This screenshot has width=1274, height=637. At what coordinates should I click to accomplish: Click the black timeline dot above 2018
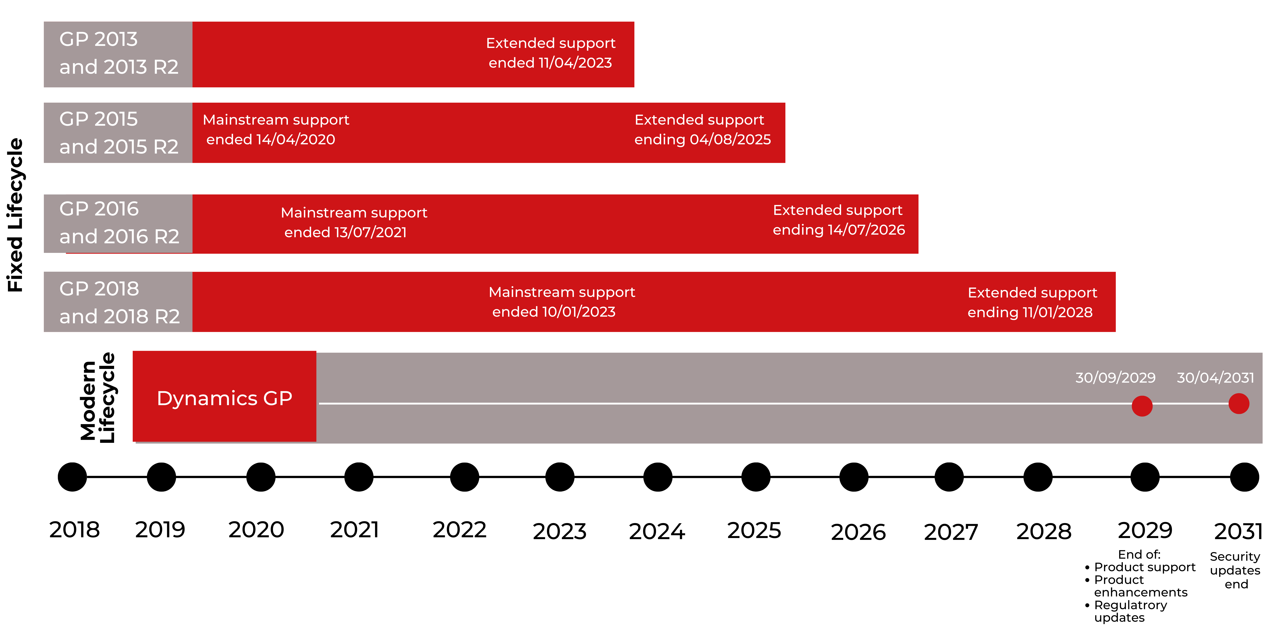coord(72,477)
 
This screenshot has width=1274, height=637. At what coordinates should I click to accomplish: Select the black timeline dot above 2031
coord(1244,477)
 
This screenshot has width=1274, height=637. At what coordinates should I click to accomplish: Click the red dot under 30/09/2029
coord(1142,406)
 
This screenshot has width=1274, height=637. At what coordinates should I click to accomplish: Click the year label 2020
coord(256,530)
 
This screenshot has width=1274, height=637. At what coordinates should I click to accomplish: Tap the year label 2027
coord(951,532)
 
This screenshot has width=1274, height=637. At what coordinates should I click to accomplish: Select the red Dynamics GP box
coord(224,397)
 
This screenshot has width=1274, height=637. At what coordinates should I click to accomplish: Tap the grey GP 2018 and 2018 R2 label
coord(118,302)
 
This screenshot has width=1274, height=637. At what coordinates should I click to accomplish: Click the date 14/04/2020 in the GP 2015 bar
coord(295,140)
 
